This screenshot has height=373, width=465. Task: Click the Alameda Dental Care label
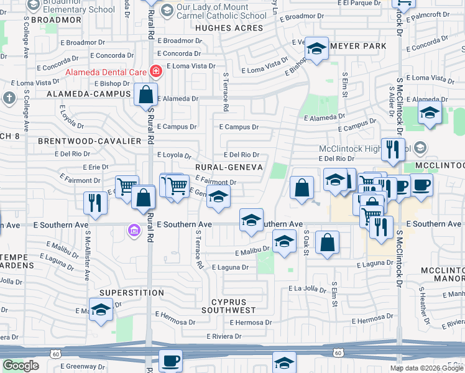(x=107, y=72)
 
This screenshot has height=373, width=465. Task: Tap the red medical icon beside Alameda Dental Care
(x=154, y=72)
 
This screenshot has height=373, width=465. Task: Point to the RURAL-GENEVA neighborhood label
(x=229, y=167)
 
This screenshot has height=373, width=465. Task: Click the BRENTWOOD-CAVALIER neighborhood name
(x=90, y=141)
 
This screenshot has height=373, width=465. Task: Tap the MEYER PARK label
(x=359, y=46)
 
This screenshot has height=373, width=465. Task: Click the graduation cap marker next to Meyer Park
(x=316, y=50)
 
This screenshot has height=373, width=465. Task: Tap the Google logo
(x=21, y=366)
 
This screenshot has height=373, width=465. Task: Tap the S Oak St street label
(x=306, y=237)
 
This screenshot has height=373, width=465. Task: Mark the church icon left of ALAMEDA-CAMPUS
(x=9, y=98)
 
